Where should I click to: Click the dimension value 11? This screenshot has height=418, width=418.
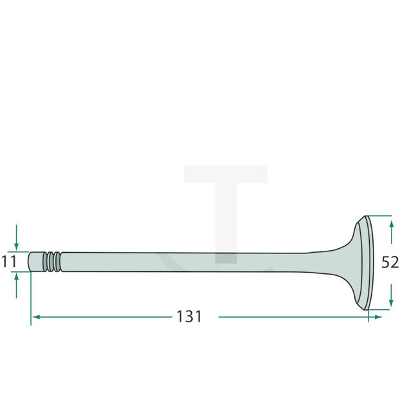coord(8,262)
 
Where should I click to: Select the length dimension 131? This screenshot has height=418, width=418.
coord(189,317)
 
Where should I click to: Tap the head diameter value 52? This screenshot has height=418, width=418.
coord(390,262)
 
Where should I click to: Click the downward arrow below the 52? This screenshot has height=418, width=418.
coord(392,302)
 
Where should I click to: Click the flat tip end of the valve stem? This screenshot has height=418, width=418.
coord(30,262)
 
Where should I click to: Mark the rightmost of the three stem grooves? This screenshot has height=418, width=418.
coord(58,262)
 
